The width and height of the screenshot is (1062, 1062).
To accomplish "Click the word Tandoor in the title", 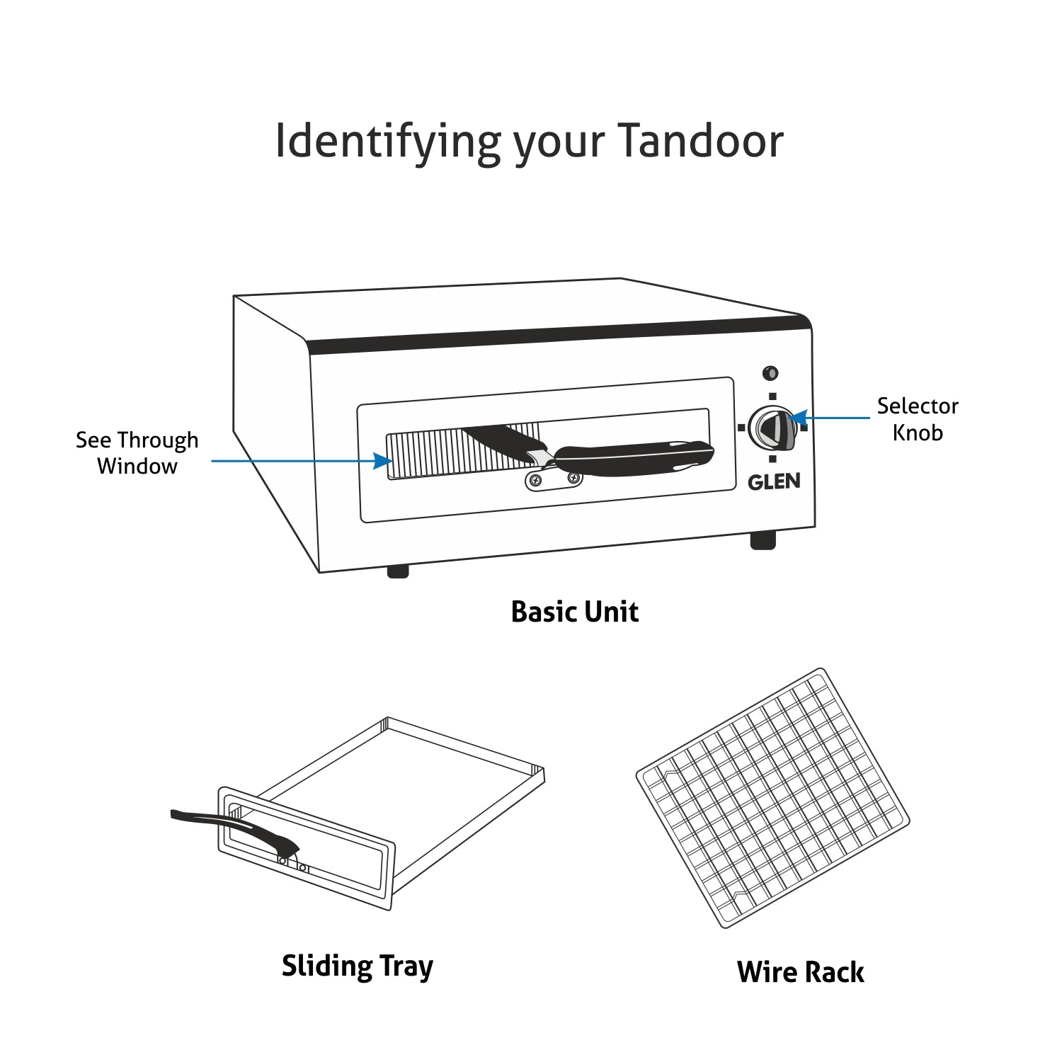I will (701, 140).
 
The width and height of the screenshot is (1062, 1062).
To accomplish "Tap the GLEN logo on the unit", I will (774, 481).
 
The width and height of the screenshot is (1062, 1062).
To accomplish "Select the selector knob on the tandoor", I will (772, 428).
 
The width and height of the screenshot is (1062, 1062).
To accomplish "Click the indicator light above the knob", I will (770, 372).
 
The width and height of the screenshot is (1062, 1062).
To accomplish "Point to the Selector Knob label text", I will (917, 419).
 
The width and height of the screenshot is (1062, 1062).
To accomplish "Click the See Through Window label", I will (137, 452).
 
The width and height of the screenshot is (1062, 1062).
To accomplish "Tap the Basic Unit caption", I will (574, 612).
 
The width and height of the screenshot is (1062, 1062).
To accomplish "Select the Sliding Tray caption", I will (358, 966).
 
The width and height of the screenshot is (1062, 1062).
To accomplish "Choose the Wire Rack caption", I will (800, 972).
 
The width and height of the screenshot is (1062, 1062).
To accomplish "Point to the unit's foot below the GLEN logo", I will (763, 540).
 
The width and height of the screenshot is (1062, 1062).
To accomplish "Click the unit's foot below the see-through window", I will (398, 571).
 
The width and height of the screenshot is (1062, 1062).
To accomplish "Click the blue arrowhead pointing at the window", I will (383, 461).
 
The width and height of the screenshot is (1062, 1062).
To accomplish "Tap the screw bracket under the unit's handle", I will (554, 481).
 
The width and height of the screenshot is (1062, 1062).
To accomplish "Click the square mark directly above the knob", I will (772, 396).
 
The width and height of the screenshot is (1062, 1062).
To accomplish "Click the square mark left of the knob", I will (741, 428).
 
